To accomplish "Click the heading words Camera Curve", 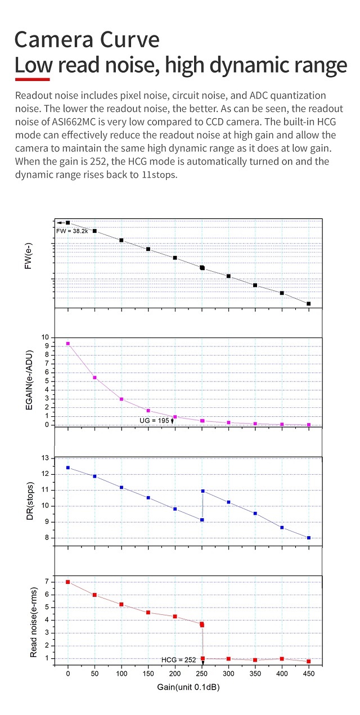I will [x=87, y=41].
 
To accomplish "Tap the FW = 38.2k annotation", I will [x=72, y=231].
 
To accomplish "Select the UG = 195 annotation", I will [x=155, y=420].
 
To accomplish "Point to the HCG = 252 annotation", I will [x=179, y=659].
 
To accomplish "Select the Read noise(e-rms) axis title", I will [x=33, y=619].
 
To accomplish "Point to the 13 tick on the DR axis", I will [x=46, y=458].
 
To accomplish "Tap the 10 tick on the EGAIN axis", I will [x=46, y=338].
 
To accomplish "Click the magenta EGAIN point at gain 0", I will [x=68, y=343].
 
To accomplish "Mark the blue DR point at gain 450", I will [x=309, y=538].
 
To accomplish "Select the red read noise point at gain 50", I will [x=94, y=595].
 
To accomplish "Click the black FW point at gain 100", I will [x=121, y=240].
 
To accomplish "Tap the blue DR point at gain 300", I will [x=228, y=502].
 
